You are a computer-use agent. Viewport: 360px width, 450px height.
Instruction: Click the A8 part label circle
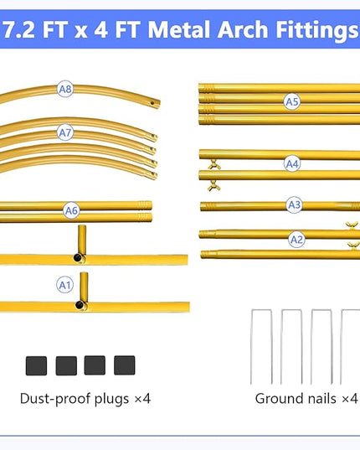tap(65, 89)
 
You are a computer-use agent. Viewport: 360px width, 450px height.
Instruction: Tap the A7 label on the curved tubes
tap(65, 133)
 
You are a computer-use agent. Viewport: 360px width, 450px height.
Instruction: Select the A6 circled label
tap(71, 210)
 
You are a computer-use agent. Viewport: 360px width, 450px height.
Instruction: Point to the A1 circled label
tap(64, 285)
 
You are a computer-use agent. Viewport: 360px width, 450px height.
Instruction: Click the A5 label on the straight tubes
tap(292, 101)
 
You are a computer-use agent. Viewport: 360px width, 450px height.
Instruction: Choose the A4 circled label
tap(292, 164)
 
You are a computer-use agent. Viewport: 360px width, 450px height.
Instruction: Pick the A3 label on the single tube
tap(295, 205)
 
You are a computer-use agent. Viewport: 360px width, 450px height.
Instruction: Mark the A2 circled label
tap(296, 240)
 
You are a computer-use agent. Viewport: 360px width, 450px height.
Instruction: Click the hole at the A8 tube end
tap(152, 103)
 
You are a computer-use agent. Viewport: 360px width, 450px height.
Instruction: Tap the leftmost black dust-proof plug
tap(36, 365)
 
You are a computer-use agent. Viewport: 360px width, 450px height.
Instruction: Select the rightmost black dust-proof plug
tap(125, 365)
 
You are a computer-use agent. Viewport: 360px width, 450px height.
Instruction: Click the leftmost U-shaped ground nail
tap(261, 347)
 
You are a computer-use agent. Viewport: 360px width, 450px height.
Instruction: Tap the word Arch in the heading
tap(243, 29)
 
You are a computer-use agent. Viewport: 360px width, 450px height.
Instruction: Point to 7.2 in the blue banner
tap(19, 30)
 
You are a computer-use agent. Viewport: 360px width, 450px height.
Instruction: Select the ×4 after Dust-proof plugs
tap(142, 399)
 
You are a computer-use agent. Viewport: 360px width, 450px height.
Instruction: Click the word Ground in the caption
tap(276, 399)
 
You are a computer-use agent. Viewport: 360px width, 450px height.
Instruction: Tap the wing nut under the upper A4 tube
tap(214, 164)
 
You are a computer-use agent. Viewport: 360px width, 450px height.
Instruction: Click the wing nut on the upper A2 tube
tap(352, 225)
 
